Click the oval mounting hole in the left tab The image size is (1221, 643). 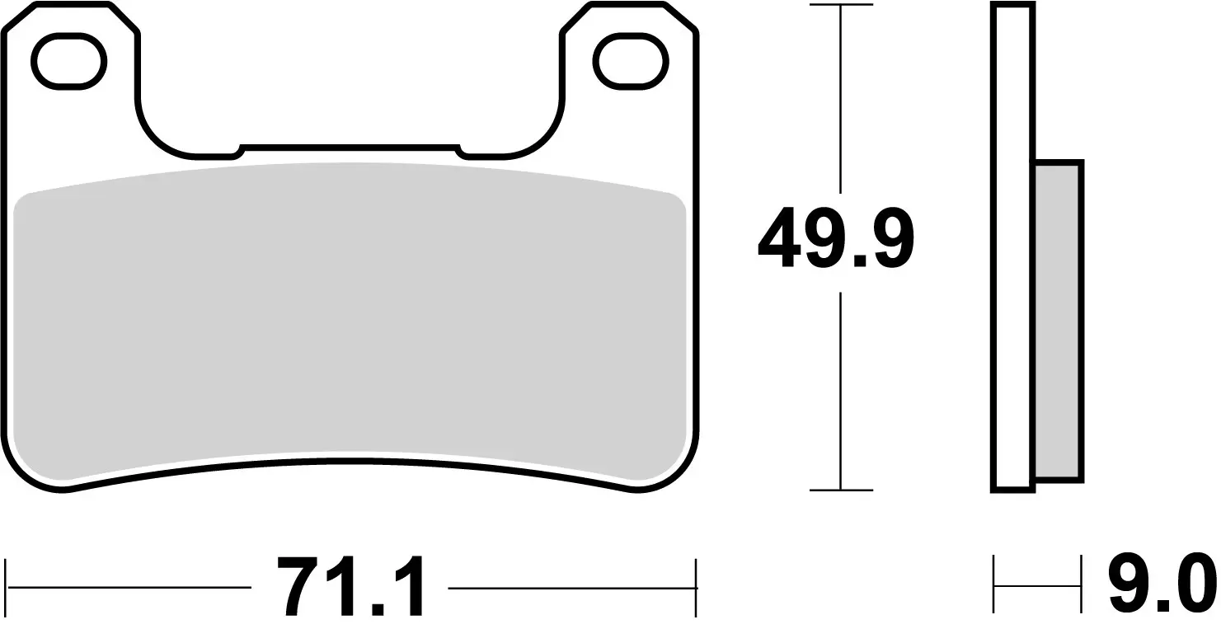68,62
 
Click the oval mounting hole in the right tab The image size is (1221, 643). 630,62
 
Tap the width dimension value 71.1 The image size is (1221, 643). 350,587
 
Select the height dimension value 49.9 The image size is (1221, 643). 835,239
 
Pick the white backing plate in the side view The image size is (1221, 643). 1013,247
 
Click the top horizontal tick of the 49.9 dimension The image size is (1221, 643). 840,6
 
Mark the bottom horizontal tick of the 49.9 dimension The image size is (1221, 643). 840,490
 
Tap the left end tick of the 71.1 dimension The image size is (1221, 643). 7,587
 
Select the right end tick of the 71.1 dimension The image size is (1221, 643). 697,587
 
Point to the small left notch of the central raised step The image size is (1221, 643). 240,150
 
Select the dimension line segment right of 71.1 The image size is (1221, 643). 569,588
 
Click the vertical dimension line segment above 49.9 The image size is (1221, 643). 840,99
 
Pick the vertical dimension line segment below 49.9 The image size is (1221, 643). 840,387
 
